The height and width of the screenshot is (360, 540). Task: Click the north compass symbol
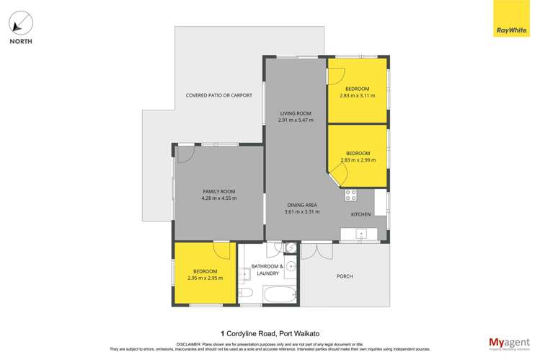point(20,23)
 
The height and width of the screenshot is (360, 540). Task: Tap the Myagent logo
point(509,342)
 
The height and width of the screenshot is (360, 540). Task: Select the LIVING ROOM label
point(296,113)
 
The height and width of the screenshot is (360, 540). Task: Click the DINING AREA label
point(301,205)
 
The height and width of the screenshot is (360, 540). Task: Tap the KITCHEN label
point(360,214)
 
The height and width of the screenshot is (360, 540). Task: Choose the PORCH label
point(345,276)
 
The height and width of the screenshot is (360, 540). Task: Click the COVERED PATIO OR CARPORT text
point(218,95)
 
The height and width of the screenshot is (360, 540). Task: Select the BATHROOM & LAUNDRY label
point(271,270)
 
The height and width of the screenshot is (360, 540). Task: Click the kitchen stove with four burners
point(351,195)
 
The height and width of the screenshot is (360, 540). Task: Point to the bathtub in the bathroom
point(280,294)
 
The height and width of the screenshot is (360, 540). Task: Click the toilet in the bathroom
point(245,293)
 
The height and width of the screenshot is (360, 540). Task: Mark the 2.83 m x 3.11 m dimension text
point(357,95)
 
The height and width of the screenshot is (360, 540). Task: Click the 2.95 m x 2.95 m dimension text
point(205,278)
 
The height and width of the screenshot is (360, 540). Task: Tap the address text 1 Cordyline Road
point(270,333)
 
